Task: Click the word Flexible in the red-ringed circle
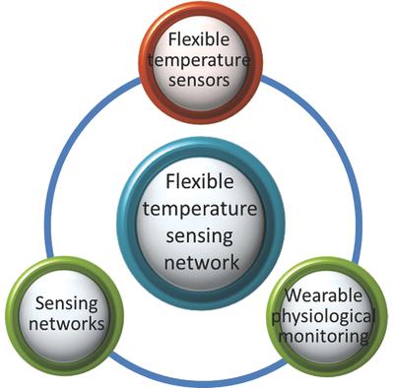pyautogui.click(x=196, y=40)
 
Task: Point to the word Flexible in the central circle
pyautogui.click(x=196, y=183)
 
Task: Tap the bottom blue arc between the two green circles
pyautogui.click(x=196, y=376)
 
